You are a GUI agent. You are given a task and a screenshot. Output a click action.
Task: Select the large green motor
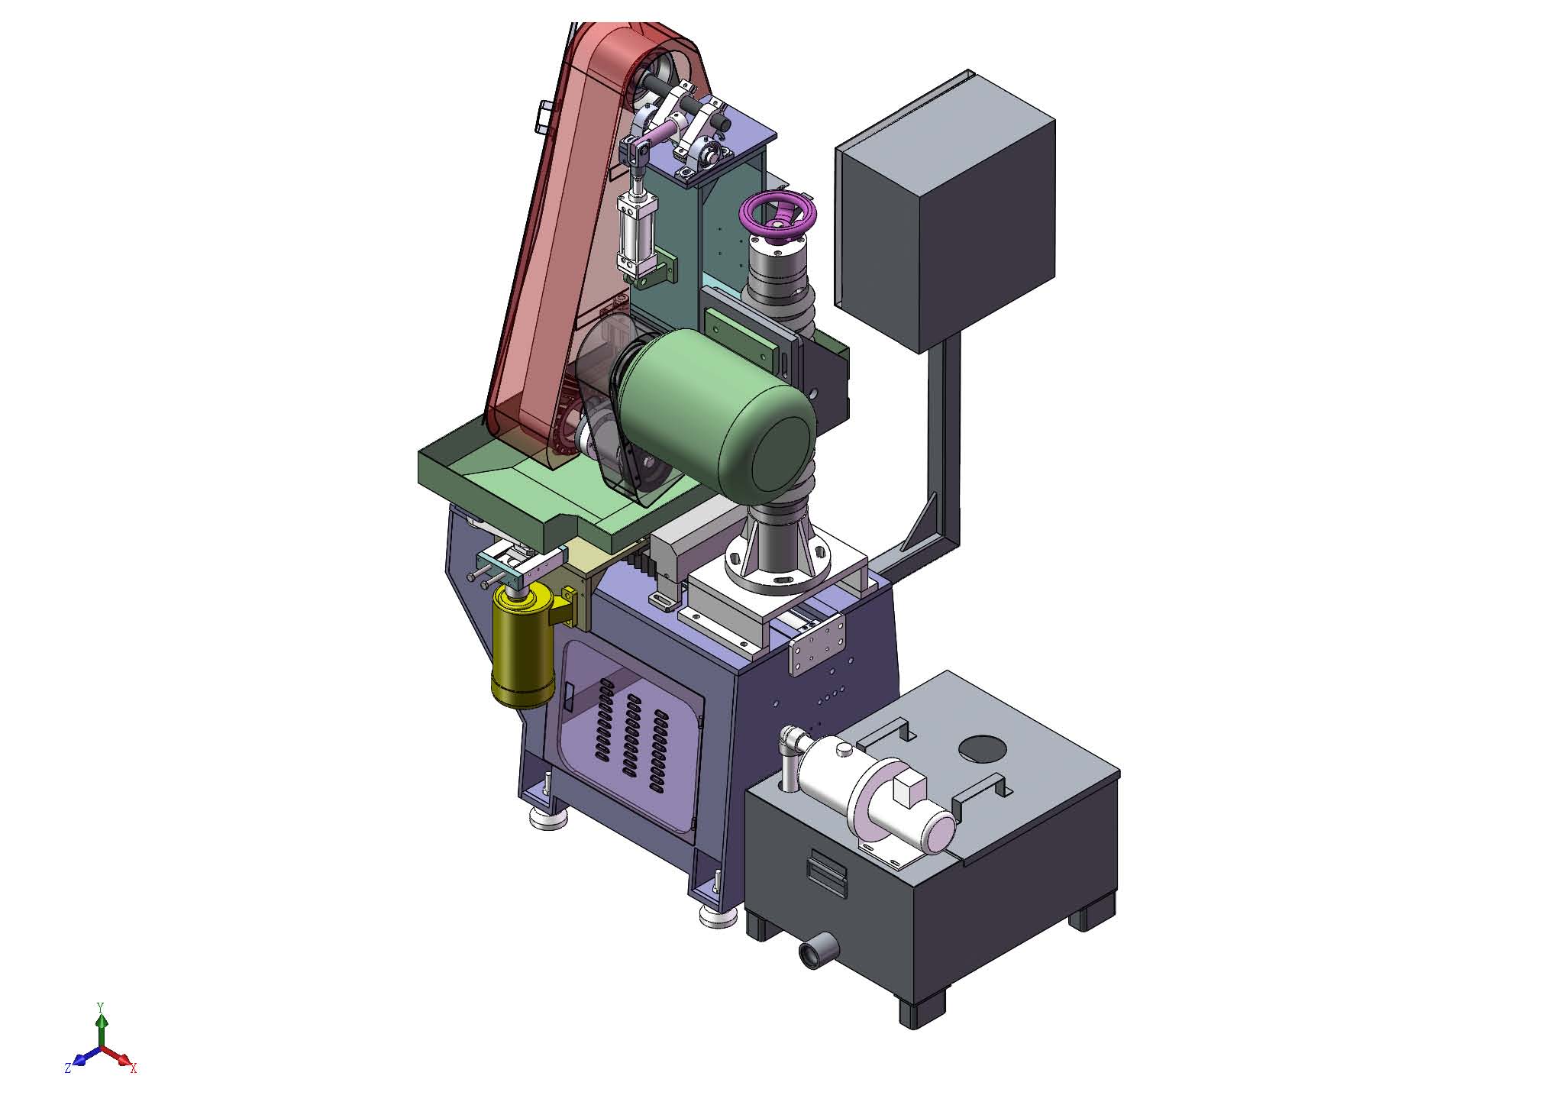pyautogui.click(x=718, y=417)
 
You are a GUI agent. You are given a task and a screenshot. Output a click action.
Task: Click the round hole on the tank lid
pyautogui.click(x=983, y=747)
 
